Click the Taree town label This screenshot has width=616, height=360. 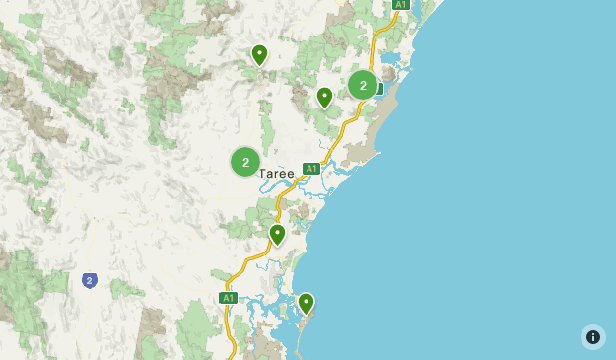click(277, 174)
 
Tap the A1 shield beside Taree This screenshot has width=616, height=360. click(311, 169)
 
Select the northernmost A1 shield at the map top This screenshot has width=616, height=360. click(400, 5)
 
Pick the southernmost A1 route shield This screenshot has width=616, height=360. click(228, 298)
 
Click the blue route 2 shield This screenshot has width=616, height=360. click(90, 281)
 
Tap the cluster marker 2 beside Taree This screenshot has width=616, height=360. click(245, 162)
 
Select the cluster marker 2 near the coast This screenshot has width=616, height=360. click(363, 85)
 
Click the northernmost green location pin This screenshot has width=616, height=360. click(259, 53)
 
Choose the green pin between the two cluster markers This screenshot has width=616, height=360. click(324, 96)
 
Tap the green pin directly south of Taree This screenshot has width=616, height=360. click(277, 233)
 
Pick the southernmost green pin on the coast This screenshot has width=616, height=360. click(306, 302)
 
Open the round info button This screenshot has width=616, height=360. click(593, 337)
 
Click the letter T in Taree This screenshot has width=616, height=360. click(263, 174)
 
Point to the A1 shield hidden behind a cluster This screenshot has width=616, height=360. click(379, 90)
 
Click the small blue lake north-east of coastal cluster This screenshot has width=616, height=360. click(390, 57)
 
